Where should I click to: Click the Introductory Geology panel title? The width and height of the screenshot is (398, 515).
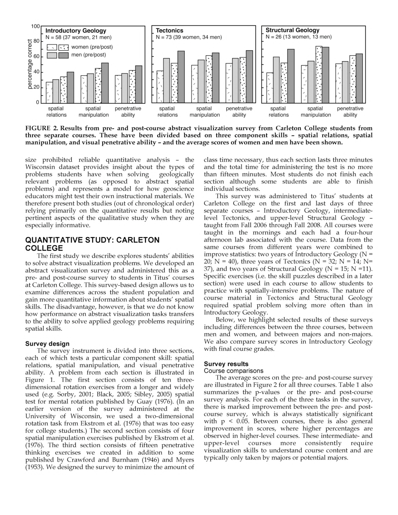76,30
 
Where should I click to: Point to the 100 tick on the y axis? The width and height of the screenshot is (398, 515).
36,26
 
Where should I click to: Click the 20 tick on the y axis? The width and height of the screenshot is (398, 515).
36,87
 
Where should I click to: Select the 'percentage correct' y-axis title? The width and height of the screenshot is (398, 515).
30,64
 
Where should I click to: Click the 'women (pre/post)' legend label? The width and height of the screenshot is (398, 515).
92,47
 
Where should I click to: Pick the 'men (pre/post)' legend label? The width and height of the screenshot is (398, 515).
89,55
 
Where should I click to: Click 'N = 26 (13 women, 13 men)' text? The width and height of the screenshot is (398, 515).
298,37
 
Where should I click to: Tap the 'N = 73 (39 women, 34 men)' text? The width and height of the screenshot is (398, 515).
188,37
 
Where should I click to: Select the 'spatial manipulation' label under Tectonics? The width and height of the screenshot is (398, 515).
204,112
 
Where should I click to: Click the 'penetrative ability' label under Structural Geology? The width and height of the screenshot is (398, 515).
350,112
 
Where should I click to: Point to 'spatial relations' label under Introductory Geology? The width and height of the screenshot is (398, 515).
56,112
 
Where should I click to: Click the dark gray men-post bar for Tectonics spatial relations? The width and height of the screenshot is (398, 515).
181,76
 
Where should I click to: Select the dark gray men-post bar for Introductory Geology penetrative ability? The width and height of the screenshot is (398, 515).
139,84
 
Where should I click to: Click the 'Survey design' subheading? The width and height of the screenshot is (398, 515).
47,344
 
